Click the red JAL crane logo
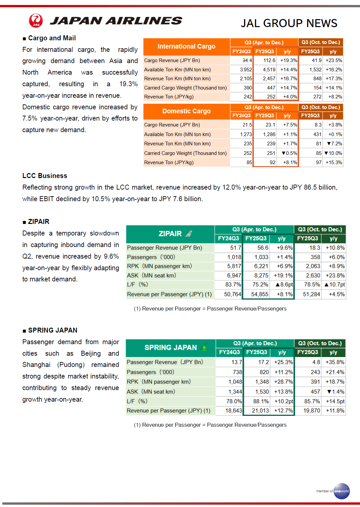(36, 20)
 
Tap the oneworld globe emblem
(342, 491)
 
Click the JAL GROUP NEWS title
(289, 23)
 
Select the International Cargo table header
(186, 47)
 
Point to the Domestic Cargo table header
(186, 111)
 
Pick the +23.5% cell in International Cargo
(334, 60)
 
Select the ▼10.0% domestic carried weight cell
(333, 153)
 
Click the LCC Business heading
(45, 176)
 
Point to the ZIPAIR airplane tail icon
(189, 234)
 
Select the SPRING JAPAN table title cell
(171, 347)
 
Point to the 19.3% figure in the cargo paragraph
(128, 84)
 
